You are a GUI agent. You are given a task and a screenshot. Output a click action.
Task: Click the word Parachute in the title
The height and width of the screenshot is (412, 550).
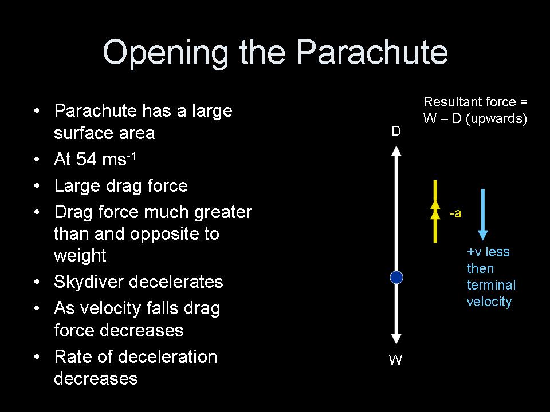372,53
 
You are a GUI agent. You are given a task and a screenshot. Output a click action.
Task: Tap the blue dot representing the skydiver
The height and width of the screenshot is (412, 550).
396,278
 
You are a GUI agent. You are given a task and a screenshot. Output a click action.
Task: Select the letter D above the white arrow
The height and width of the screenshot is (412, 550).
396,132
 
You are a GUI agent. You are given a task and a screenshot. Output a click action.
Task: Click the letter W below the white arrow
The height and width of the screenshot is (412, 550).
396,360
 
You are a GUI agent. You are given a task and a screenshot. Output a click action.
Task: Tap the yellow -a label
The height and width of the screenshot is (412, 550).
455,214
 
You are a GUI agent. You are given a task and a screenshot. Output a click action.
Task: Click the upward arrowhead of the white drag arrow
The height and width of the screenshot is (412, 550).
396,150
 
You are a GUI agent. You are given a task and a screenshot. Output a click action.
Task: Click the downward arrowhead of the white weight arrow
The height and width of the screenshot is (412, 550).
396,340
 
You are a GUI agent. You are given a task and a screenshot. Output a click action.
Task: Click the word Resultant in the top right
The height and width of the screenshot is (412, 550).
450,102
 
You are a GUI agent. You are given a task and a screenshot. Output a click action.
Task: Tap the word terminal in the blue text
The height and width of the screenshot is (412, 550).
491,285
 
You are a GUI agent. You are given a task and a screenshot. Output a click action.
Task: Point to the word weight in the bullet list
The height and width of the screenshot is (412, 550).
80,256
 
